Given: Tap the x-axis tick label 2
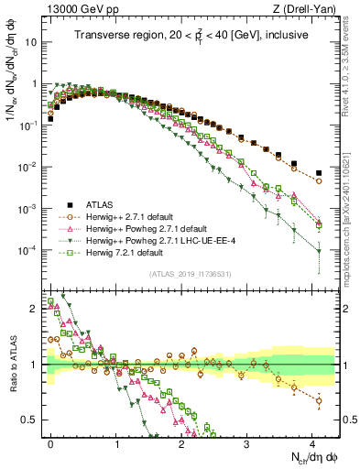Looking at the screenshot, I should pos(183,442).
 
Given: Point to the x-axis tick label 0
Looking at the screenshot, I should pos(49,442).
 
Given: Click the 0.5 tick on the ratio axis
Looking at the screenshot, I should pos(35,420).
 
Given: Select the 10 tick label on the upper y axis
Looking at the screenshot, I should pos(35,42).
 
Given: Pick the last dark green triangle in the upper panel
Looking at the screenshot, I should pos(319,251).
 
